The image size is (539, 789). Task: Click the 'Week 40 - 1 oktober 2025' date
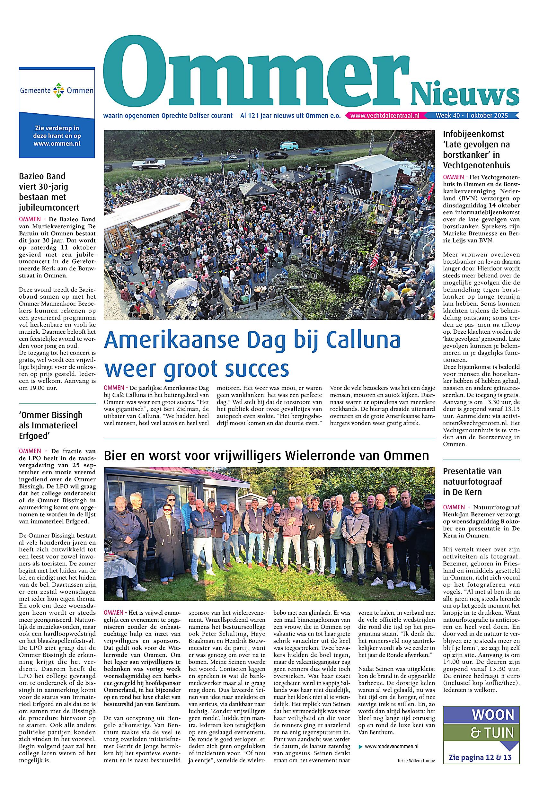coord(472,116)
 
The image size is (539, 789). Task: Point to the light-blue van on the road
coord(289,146)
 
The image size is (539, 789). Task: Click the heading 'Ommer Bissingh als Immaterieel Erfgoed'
coord(51,425)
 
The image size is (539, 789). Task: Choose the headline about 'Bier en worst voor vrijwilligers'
coord(266,456)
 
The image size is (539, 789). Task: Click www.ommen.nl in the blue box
coord(57,143)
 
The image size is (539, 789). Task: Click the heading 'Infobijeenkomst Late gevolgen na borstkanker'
coord(476,149)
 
